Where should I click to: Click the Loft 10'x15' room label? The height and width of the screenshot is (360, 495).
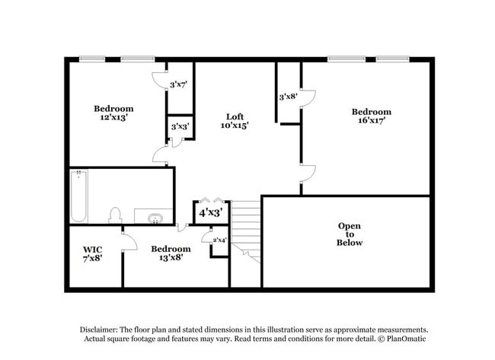coord(235,119)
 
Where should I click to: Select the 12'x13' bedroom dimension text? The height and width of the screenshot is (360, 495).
coord(113,118)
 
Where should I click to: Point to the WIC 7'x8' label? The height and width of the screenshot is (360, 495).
coord(93,253)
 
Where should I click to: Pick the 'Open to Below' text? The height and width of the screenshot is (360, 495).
coord(350,234)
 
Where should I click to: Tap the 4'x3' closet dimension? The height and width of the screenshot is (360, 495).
coord(210,213)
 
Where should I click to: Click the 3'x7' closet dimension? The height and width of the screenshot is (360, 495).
coord(178,84)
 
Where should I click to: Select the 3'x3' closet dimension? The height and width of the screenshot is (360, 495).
coord(180,126)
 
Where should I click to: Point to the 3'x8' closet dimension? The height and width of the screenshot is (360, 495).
coord(287,97)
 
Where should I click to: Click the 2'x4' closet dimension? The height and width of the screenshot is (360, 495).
coord(219,241)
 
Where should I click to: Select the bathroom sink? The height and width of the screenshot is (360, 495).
coord(155,218)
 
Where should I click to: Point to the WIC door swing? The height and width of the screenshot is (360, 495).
coord(129,242)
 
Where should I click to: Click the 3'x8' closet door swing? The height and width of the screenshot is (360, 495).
coord(308,97)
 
